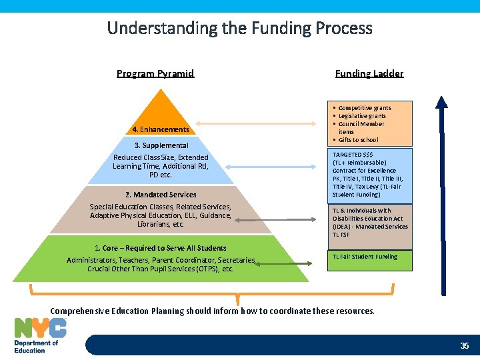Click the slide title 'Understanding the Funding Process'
click(239, 28)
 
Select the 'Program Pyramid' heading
click(155, 73)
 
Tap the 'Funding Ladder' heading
click(369, 73)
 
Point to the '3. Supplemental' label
click(161, 145)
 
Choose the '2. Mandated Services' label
click(161, 195)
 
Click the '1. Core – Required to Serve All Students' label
click(160, 248)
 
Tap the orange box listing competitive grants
click(370, 123)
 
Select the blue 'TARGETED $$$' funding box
click(370, 175)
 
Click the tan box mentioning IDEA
click(370, 223)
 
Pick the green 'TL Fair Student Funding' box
click(370, 260)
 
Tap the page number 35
click(465, 345)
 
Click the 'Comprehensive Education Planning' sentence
click(212, 311)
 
